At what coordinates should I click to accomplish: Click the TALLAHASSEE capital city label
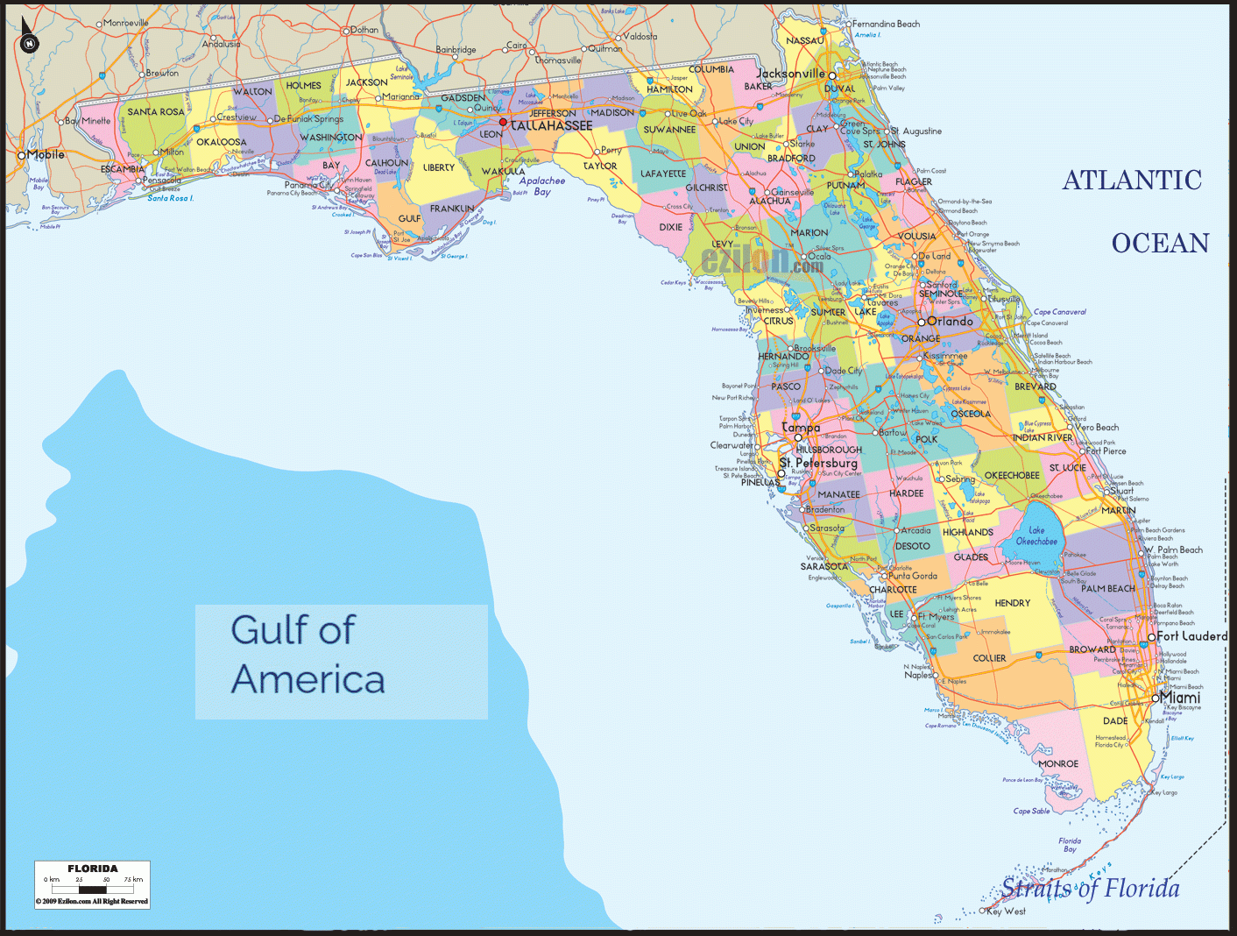click(x=552, y=126)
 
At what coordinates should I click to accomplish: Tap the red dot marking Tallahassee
click(x=503, y=123)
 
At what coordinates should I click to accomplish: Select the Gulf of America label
click(x=307, y=655)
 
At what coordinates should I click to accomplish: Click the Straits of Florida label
click(x=1091, y=889)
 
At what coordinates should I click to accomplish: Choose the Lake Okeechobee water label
click(x=1036, y=536)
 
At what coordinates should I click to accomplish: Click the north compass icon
click(x=30, y=41)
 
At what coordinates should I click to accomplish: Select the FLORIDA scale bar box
click(x=92, y=884)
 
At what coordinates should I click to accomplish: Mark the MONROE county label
click(x=1058, y=764)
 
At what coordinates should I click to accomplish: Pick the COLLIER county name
click(x=989, y=658)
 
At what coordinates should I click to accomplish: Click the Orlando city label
click(x=951, y=322)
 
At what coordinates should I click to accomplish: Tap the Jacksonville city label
click(x=790, y=74)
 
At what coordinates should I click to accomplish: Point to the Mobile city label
click(x=46, y=155)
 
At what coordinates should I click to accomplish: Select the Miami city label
click(x=1180, y=698)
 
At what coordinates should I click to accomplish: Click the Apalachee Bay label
click(x=542, y=186)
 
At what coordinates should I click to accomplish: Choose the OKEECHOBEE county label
click(x=1012, y=476)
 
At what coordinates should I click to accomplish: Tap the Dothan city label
click(x=364, y=30)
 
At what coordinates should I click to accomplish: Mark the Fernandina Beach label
click(x=886, y=25)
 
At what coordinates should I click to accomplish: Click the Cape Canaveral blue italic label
click(x=1060, y=312)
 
